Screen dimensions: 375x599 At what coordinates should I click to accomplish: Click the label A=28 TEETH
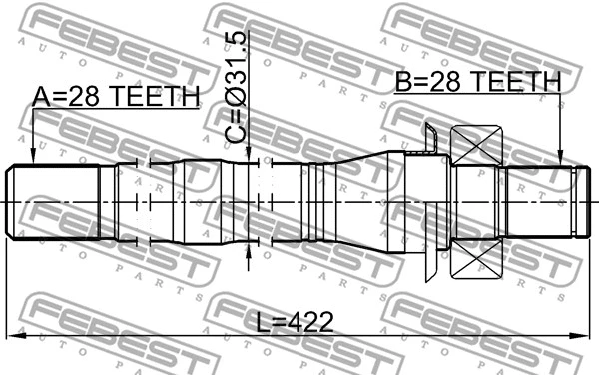coord(116,96)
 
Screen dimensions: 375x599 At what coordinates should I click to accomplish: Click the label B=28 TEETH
coord(477,83)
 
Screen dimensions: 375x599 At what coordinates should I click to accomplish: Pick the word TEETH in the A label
coord(154,96)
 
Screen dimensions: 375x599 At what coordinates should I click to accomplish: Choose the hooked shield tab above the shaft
coord(430,140)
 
